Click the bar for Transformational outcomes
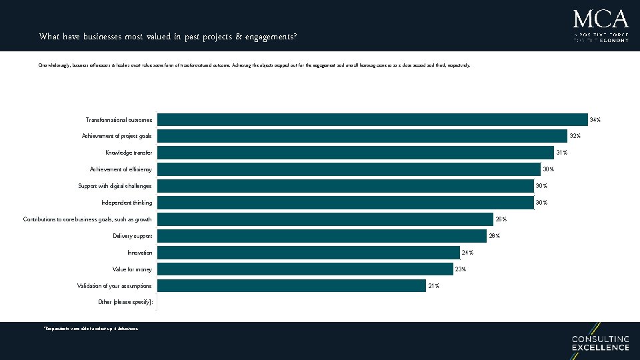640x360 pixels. click(371, 120)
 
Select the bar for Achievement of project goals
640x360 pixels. click(361, 136)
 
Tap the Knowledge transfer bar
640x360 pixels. click(355, 153)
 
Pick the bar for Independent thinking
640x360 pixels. click(345, 203)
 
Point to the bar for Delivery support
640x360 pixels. click(321, 236)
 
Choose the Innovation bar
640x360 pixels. click(308, 253)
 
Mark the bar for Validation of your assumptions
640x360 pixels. click(291, 286)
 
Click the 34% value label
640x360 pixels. click(595, 120)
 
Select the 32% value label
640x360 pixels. click(575, 137)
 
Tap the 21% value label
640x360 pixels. click(433, 286)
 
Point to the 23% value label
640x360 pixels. click(460, 269)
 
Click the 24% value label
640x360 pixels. click(467, 253)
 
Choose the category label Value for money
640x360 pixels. click(132, 269)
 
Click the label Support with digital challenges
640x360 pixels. click(115, 186)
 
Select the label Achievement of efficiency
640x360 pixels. click(121, 169)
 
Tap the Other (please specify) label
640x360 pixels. click(125, 303)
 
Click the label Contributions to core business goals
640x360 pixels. click(87, 219)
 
